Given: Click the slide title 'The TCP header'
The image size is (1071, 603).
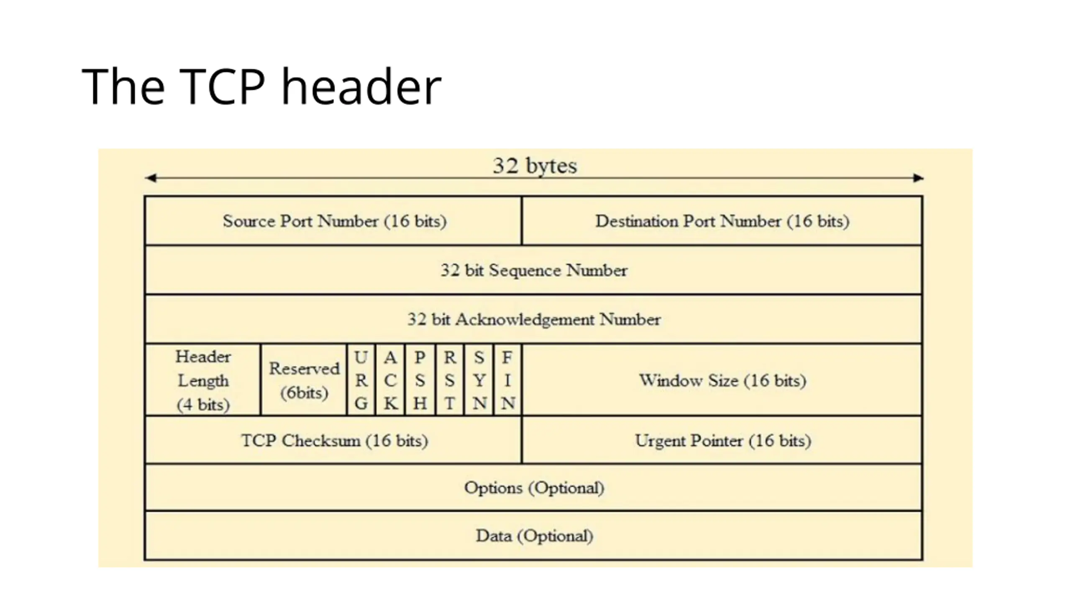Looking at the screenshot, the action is pyautogui.click(x=261, y=87).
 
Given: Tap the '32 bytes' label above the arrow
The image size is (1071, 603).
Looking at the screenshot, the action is pyautogui.click(x=535, y=166).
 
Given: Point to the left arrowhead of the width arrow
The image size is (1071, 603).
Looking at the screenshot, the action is pyautogui.click(x=151, y=178).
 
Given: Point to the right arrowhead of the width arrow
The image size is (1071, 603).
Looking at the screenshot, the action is pyautogui.click(x=918, y=178).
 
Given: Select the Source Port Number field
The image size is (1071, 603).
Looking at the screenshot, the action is pyautogui.click(x=334, y=221).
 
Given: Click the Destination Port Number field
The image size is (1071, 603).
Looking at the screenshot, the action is pyautogui.click(x=722, y=221).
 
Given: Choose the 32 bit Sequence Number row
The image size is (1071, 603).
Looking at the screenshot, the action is pyautogui.click(x=534, y=271).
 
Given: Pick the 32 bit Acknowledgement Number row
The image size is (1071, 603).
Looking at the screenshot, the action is pyautogui.click(x=534, y=320).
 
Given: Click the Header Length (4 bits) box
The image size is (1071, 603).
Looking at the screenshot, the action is pyautogui.click(x=203, y=380).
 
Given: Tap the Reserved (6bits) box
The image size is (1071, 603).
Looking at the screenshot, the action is pyautogui.click(x=304, y=380).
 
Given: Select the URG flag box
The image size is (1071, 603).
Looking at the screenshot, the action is pyautogui.click(x=361, y=380).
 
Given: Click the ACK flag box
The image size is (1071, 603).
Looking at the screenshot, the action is pyautogui.click(x=390, y=380).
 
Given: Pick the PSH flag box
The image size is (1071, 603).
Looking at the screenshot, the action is pyautogui.click(x=420, y=380).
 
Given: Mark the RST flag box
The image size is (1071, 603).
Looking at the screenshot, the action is pyautogui.click(x=450, y=380).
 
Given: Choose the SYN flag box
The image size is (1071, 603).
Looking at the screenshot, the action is pyautogui.click(x=479, y=380).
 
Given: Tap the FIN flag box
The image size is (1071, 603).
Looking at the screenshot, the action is pyautogui.click(x=508, y=380).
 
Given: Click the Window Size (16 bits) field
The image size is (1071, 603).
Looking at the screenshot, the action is pyautogui.click(x=722, y=380).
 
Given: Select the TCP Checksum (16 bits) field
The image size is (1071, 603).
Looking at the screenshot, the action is pyautogui.click(x=334, y=441).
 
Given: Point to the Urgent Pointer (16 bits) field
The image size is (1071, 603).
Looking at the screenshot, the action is pyautogui.click(x=722, y=441).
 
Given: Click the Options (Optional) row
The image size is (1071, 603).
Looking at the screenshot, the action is pyautogui.click(x=534, y=488).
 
